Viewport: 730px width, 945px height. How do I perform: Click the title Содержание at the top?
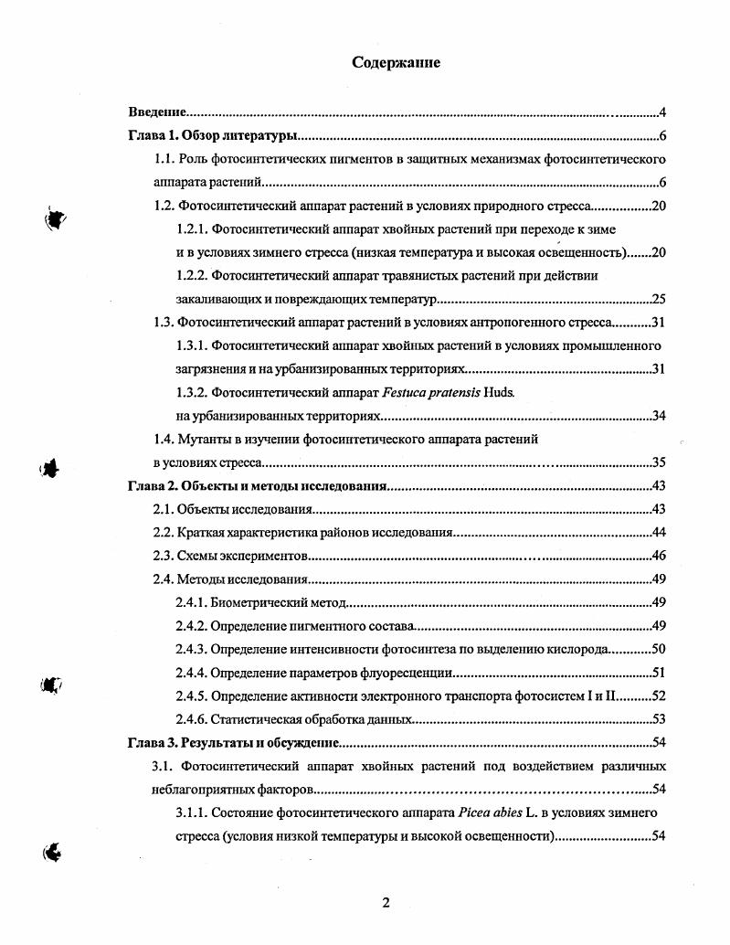pyautogui.click(x=397, y=63)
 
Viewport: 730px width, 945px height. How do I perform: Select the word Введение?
pyautogui.click(x=157, y=112)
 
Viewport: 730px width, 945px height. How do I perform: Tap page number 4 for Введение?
pyautogui.click(x=661, y=112)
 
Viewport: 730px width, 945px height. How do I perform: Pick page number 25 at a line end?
pyautogui.click(x=658, y=300)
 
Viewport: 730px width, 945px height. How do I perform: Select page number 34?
pyautogui.click(x=658, y=417)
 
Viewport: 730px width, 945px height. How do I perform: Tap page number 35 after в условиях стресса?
pyautogui.click(x=658, y=462)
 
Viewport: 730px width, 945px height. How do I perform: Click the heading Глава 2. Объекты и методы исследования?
pyautogui.click(x=257, y=485)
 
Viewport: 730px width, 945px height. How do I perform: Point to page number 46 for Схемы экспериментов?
pyautogui.click(x=658, y=556)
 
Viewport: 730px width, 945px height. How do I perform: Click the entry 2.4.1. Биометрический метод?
pyautogui.click(x=259, y=601)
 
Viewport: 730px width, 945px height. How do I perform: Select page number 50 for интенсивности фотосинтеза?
pyautogui.click(x=658, y=649)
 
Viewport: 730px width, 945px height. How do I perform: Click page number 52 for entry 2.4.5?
pyautogui.click(x=658, y=695)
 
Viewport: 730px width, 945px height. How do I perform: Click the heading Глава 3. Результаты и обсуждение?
pyautogui.click(x=233, y=742)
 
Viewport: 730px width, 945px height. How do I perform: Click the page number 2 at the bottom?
pyautogui.click(x=386, y=903)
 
